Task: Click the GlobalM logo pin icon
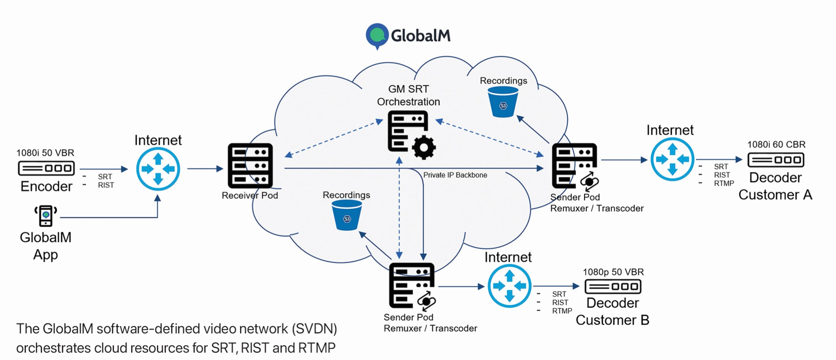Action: click(x=377, y=35)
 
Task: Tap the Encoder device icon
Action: click(x=46, y=168)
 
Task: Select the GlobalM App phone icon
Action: click(x=46, y=215)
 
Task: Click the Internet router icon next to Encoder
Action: click(x=158, y=169)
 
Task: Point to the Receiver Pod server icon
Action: click(x=250, y=166)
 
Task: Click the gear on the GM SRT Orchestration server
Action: click(x=424, y=147)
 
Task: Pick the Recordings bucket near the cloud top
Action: click(x=503, y=102)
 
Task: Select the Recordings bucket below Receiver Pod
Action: click(x=346, y=215)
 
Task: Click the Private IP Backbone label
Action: click(x=455, y=175)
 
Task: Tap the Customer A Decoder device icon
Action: click(x=776, y=160)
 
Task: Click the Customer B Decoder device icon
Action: click(x=613, y=287)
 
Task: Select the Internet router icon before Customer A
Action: click(x=672, y=159)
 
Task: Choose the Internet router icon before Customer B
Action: click(x=510, y=286)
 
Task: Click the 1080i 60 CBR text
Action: click(x=776, y=145)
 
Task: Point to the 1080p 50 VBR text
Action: click(x=613, y=272)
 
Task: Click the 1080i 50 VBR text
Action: click(x=45, y=153)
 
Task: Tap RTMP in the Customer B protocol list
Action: click(x=562, y=311)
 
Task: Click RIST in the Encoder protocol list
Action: click(x=106, y=185)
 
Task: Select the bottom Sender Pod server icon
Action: click(x=411, y=285)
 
